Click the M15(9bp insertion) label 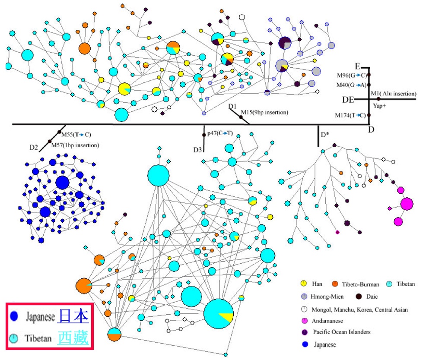click(264, 113)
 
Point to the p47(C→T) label click(220, 133)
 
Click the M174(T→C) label click(350, 115)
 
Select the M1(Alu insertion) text click(394, 93)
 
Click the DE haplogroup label click(348, 99)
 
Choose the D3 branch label click(197, 149)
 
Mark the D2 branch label click(34, 148)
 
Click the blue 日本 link click(73, 316)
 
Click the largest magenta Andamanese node click(407, 204)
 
